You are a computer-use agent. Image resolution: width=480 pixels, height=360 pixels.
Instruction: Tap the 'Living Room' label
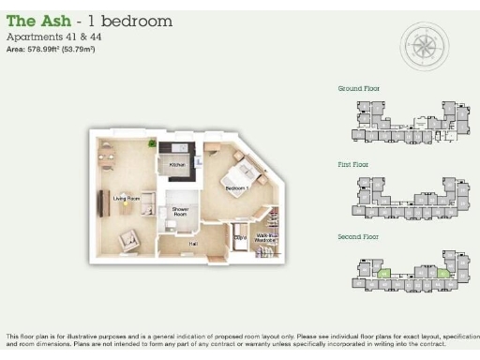127,199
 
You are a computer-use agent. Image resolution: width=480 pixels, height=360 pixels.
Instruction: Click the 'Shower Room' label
180,213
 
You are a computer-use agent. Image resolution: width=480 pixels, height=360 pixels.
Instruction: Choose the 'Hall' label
193,244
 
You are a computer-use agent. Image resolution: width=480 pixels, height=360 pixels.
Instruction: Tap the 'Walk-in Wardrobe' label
267,237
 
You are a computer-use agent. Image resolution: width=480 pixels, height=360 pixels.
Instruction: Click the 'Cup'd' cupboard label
240,238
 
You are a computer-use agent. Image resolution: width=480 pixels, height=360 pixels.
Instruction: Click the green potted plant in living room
152,142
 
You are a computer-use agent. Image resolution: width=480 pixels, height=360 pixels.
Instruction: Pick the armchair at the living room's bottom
125,241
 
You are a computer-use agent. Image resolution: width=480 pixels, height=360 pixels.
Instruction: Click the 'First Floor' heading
352,163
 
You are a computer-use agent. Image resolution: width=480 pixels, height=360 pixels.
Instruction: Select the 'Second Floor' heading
357,237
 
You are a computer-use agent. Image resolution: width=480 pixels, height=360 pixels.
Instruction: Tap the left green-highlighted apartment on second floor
383,274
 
